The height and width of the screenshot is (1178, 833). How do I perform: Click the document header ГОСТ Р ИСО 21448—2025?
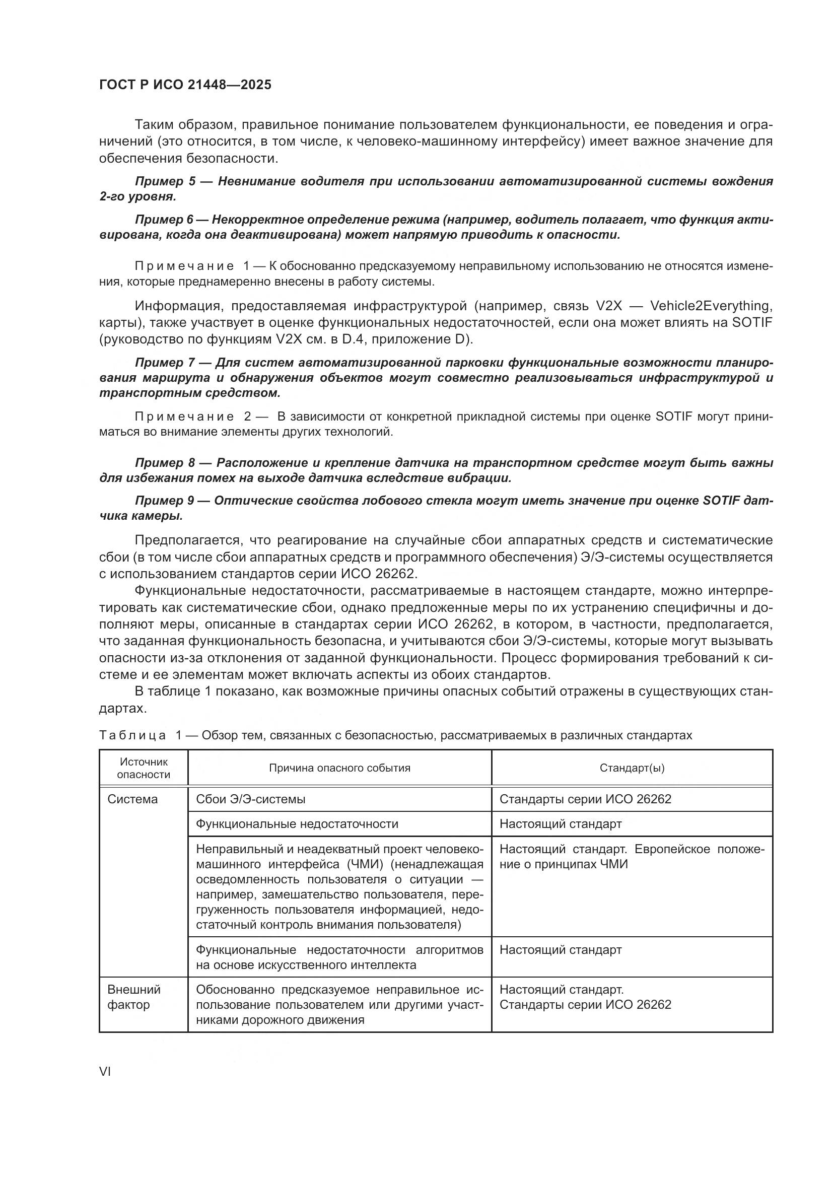185,85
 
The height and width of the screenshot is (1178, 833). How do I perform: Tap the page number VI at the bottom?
105,1072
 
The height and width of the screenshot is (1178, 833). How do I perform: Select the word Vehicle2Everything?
711,306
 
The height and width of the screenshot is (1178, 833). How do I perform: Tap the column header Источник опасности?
144,768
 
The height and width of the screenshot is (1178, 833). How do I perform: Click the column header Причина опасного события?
339,768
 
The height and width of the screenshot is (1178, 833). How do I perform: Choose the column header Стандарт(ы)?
632,768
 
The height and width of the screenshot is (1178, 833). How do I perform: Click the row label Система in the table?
133,799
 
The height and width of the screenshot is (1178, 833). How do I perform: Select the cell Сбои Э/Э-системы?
251,799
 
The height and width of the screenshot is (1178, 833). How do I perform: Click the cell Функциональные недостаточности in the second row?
297,824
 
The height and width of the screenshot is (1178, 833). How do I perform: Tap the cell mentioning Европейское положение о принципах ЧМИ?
632,857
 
